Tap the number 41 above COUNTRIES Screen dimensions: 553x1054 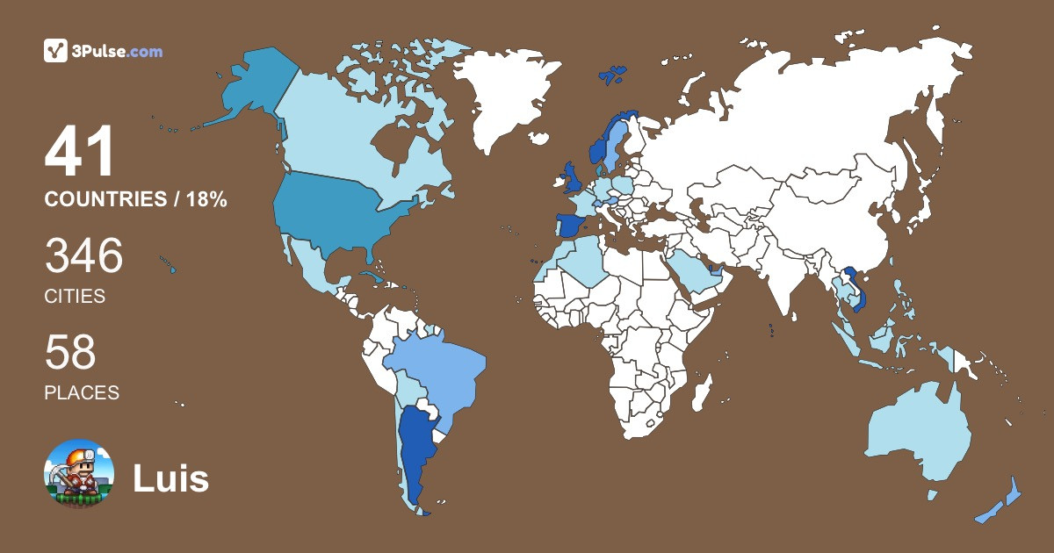pos(80,153)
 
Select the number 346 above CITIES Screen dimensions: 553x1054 pos(83,256)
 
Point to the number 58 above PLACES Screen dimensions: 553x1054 pos(70,353)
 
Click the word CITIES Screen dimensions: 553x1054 pos(75,297)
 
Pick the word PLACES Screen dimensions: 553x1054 pos(82,392)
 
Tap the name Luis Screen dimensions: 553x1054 pos(170,479)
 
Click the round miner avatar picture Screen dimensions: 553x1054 pos(79,474)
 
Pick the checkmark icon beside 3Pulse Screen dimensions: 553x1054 pos(56,51)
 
